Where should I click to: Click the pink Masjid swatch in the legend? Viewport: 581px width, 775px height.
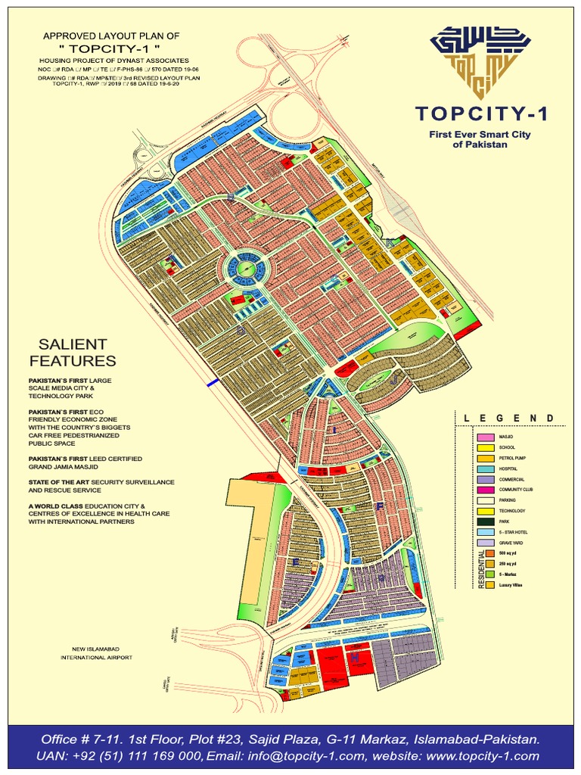point(484,437)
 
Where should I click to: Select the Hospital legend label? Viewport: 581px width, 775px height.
point(508,469)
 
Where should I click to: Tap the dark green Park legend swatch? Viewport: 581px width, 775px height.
point(484,521)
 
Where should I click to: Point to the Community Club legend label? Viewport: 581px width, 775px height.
point(517,490)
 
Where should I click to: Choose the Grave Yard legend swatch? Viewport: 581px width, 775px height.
point(484,543)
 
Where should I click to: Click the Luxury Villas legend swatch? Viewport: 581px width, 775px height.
point(490,585)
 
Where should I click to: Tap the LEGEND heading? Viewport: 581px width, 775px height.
point(508,419)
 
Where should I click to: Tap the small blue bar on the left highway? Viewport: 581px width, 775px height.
point(213,384)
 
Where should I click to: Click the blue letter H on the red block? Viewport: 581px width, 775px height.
point(354,658)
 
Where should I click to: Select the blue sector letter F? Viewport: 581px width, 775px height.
point(380,506)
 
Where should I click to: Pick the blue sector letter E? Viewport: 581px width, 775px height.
point(296,562)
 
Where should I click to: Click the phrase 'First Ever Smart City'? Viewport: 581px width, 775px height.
point(481,134)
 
